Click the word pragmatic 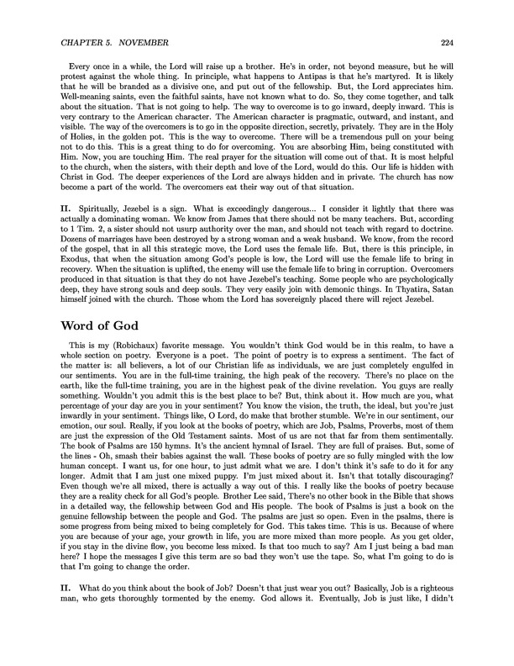pos(320,119)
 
